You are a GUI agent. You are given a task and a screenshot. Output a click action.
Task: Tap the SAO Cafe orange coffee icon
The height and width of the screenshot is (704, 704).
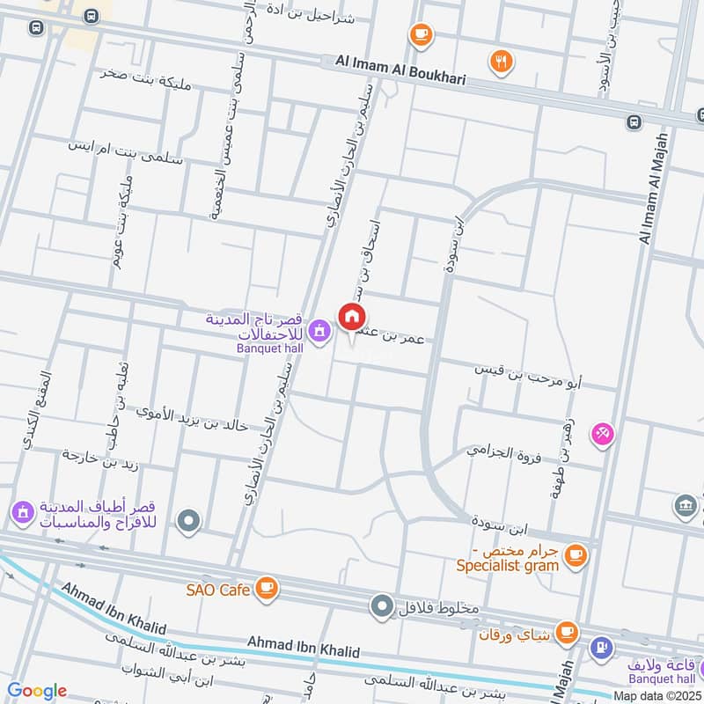(x=266, y=588)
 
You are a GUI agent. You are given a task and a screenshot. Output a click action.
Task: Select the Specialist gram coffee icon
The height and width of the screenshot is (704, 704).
(x=576, y=554)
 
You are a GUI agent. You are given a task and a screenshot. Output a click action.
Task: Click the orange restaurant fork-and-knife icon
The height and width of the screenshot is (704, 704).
(x=502, y=61)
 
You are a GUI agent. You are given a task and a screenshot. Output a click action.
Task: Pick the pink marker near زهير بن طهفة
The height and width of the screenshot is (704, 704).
(x=603, y=433)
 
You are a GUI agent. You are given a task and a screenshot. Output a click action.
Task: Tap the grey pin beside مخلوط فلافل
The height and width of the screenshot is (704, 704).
(x=381, y=606)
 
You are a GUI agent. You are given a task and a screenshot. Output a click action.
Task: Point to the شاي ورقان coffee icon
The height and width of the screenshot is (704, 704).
(x=567, y=631)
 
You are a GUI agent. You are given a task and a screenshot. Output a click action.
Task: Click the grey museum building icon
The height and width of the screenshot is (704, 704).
(x=685, y=505)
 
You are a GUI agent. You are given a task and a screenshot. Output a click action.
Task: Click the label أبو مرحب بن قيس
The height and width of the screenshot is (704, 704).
(x=530, y=375)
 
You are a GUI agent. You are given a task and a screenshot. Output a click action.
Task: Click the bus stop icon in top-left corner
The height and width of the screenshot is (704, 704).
(x=35, y=27)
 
